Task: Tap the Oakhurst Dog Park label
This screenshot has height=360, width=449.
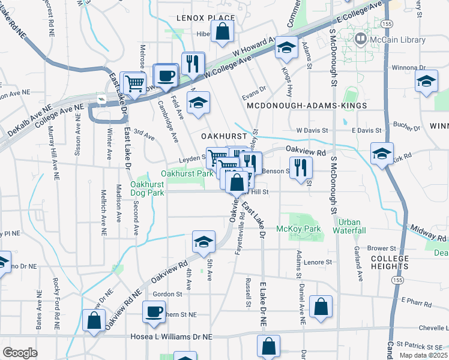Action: tap(148, 188)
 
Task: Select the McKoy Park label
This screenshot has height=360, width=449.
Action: tap(299, 229)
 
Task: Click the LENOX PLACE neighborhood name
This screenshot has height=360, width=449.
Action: tap(204, 18)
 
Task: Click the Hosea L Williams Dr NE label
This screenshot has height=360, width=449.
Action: tap(181, 337)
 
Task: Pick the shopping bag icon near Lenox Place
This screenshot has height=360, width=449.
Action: tap(222, 34)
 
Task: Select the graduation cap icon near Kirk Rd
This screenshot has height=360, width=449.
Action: tap(382, 154)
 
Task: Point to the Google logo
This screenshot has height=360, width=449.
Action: tap(19, 353)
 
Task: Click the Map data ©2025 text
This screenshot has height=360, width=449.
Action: tap(424, 355)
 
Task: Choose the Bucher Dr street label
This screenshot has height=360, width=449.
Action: tap(407, 127)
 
